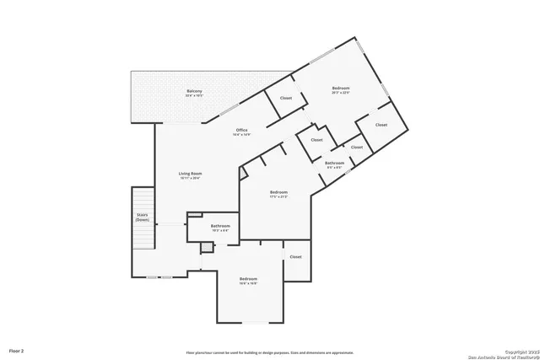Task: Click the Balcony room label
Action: [x=194, y=91]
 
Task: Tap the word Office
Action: [x=242, y=130]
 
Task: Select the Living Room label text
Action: [x=190, y=174]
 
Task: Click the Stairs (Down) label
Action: [x=143, y=217]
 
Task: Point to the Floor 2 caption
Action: [x=17, y=349]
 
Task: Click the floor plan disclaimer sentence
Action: [x=270, y=352]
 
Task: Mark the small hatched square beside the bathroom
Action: [x=205, y=247]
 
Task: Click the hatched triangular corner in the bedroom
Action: [x=244, y=173]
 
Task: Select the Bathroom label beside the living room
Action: [x=220, y=225]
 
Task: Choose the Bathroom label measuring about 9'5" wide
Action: [x=334, y=162]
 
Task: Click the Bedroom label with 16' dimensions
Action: [x=248, y=278]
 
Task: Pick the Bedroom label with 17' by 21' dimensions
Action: [x=279, y=192]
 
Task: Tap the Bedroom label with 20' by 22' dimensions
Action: [x=341, y=89]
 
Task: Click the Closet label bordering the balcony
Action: [x=285, y=99]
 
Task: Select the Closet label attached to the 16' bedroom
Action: [x=295, y=256]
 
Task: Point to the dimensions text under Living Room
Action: [x=190, y=179]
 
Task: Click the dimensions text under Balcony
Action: [x=194, y=96]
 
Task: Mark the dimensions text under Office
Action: [x=242, y=135]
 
